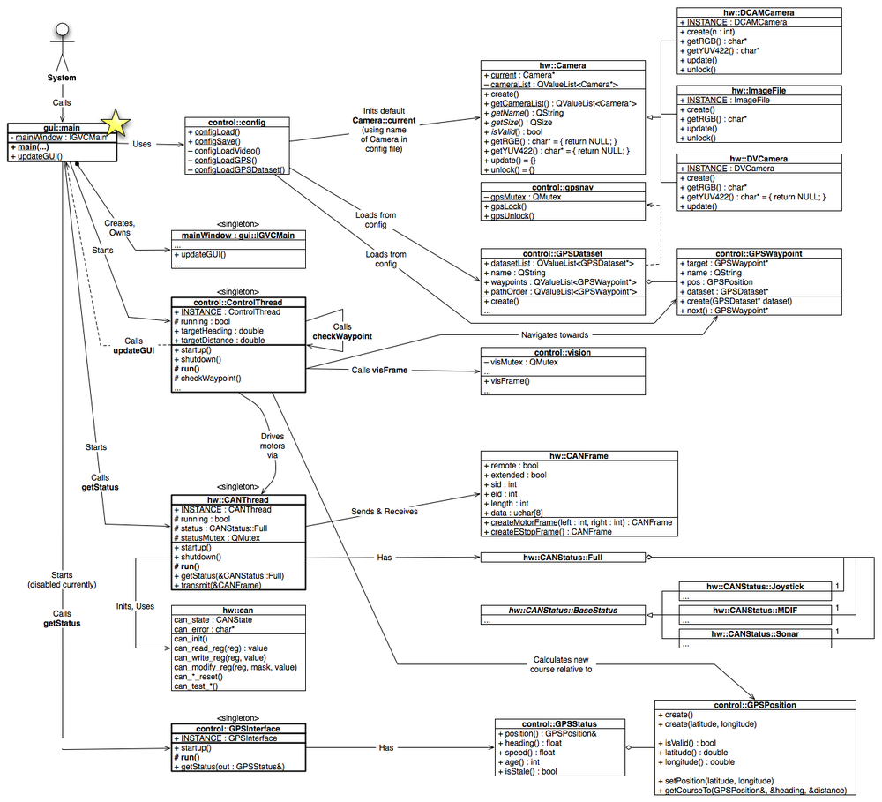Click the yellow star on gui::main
116,123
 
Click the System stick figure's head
62,30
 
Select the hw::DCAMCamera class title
759,12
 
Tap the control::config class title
236,122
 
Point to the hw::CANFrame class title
579,456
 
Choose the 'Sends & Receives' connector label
385,512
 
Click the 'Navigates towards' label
555,335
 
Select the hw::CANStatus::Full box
563,558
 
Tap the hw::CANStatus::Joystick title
755,587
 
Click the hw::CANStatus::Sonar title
755,633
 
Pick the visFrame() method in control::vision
507,381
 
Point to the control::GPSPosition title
755,705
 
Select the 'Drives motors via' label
273,446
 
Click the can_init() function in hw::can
191,639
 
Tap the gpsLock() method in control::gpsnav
505,206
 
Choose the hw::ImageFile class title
759,90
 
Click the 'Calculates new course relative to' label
561,664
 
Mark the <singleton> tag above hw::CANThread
238,486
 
